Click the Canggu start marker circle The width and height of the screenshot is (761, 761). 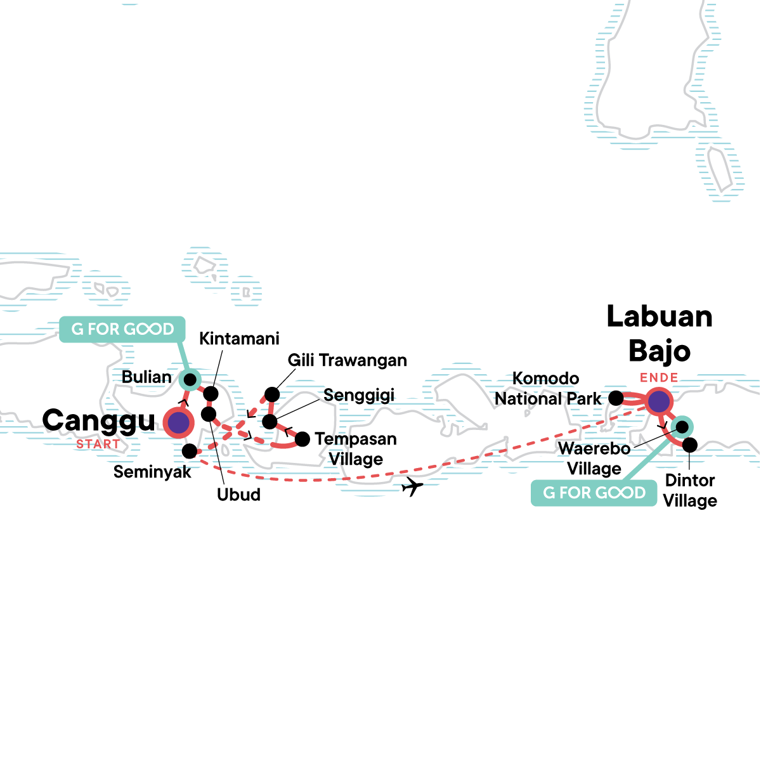178,422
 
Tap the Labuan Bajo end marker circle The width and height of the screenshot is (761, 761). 659,401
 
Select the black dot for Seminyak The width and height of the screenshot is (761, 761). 189,451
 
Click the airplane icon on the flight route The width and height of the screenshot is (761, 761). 412,487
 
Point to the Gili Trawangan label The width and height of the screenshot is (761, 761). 347,360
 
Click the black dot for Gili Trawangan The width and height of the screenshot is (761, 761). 272,394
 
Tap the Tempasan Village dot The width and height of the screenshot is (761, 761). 302,438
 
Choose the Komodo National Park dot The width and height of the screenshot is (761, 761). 616,398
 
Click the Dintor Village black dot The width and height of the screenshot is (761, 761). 689,445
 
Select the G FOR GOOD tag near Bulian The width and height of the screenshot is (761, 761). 122,329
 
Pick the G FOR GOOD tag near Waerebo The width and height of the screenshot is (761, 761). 594,493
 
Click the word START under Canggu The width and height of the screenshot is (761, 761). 98,445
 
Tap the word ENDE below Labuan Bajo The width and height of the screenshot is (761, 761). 659,378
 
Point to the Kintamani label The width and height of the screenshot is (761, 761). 239,339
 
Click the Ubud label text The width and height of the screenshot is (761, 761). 238,495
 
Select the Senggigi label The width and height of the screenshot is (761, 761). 358,395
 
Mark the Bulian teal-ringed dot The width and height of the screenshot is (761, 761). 189,379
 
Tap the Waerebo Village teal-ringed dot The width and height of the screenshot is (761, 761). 682,426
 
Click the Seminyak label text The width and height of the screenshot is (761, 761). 152,472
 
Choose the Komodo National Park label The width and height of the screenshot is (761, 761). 547,389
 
